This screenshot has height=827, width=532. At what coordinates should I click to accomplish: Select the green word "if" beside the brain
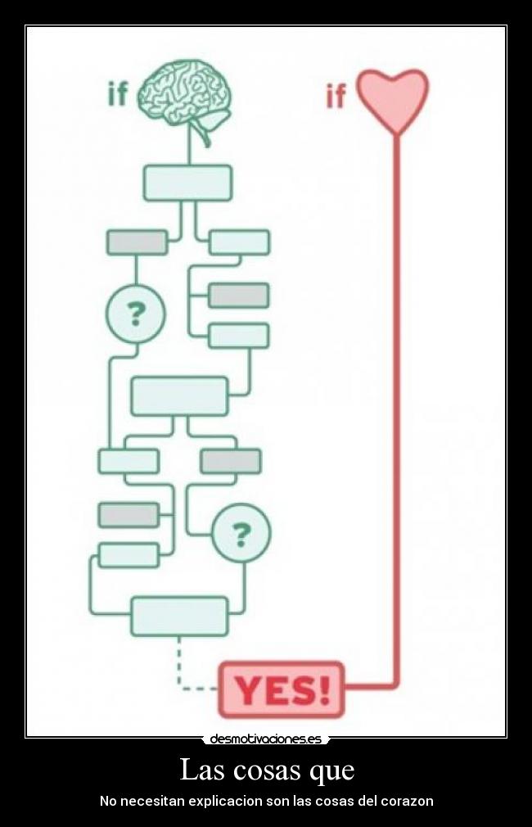pyautogui.click(x=118, y=94)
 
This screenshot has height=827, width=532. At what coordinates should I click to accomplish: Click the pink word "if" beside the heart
pyautogui.click(x=336, y=97)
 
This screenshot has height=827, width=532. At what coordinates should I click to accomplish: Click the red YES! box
pyautogui.click(x=282, y=689)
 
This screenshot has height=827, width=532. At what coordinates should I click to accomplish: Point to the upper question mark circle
pyautogui.click(x=136, y=313)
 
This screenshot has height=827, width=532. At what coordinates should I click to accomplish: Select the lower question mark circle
pyautogui.click(x=241, y=534)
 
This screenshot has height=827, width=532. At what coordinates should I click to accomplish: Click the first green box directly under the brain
pyautogui.click(x=187, y=183)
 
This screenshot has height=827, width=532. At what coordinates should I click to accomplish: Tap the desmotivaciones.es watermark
pyautogui.click(x=265, y=739)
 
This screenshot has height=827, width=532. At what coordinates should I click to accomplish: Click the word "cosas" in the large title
pyautogui.click(x=266, y=771)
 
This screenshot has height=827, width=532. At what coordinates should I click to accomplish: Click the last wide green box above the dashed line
pyautogui.click(x=179, y=616)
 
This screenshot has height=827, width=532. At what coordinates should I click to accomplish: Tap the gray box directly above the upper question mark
pyautogui.click(x=137, y=242)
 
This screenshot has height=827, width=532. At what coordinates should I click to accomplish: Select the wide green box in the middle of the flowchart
pyautogui.click(x=179, y=395)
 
